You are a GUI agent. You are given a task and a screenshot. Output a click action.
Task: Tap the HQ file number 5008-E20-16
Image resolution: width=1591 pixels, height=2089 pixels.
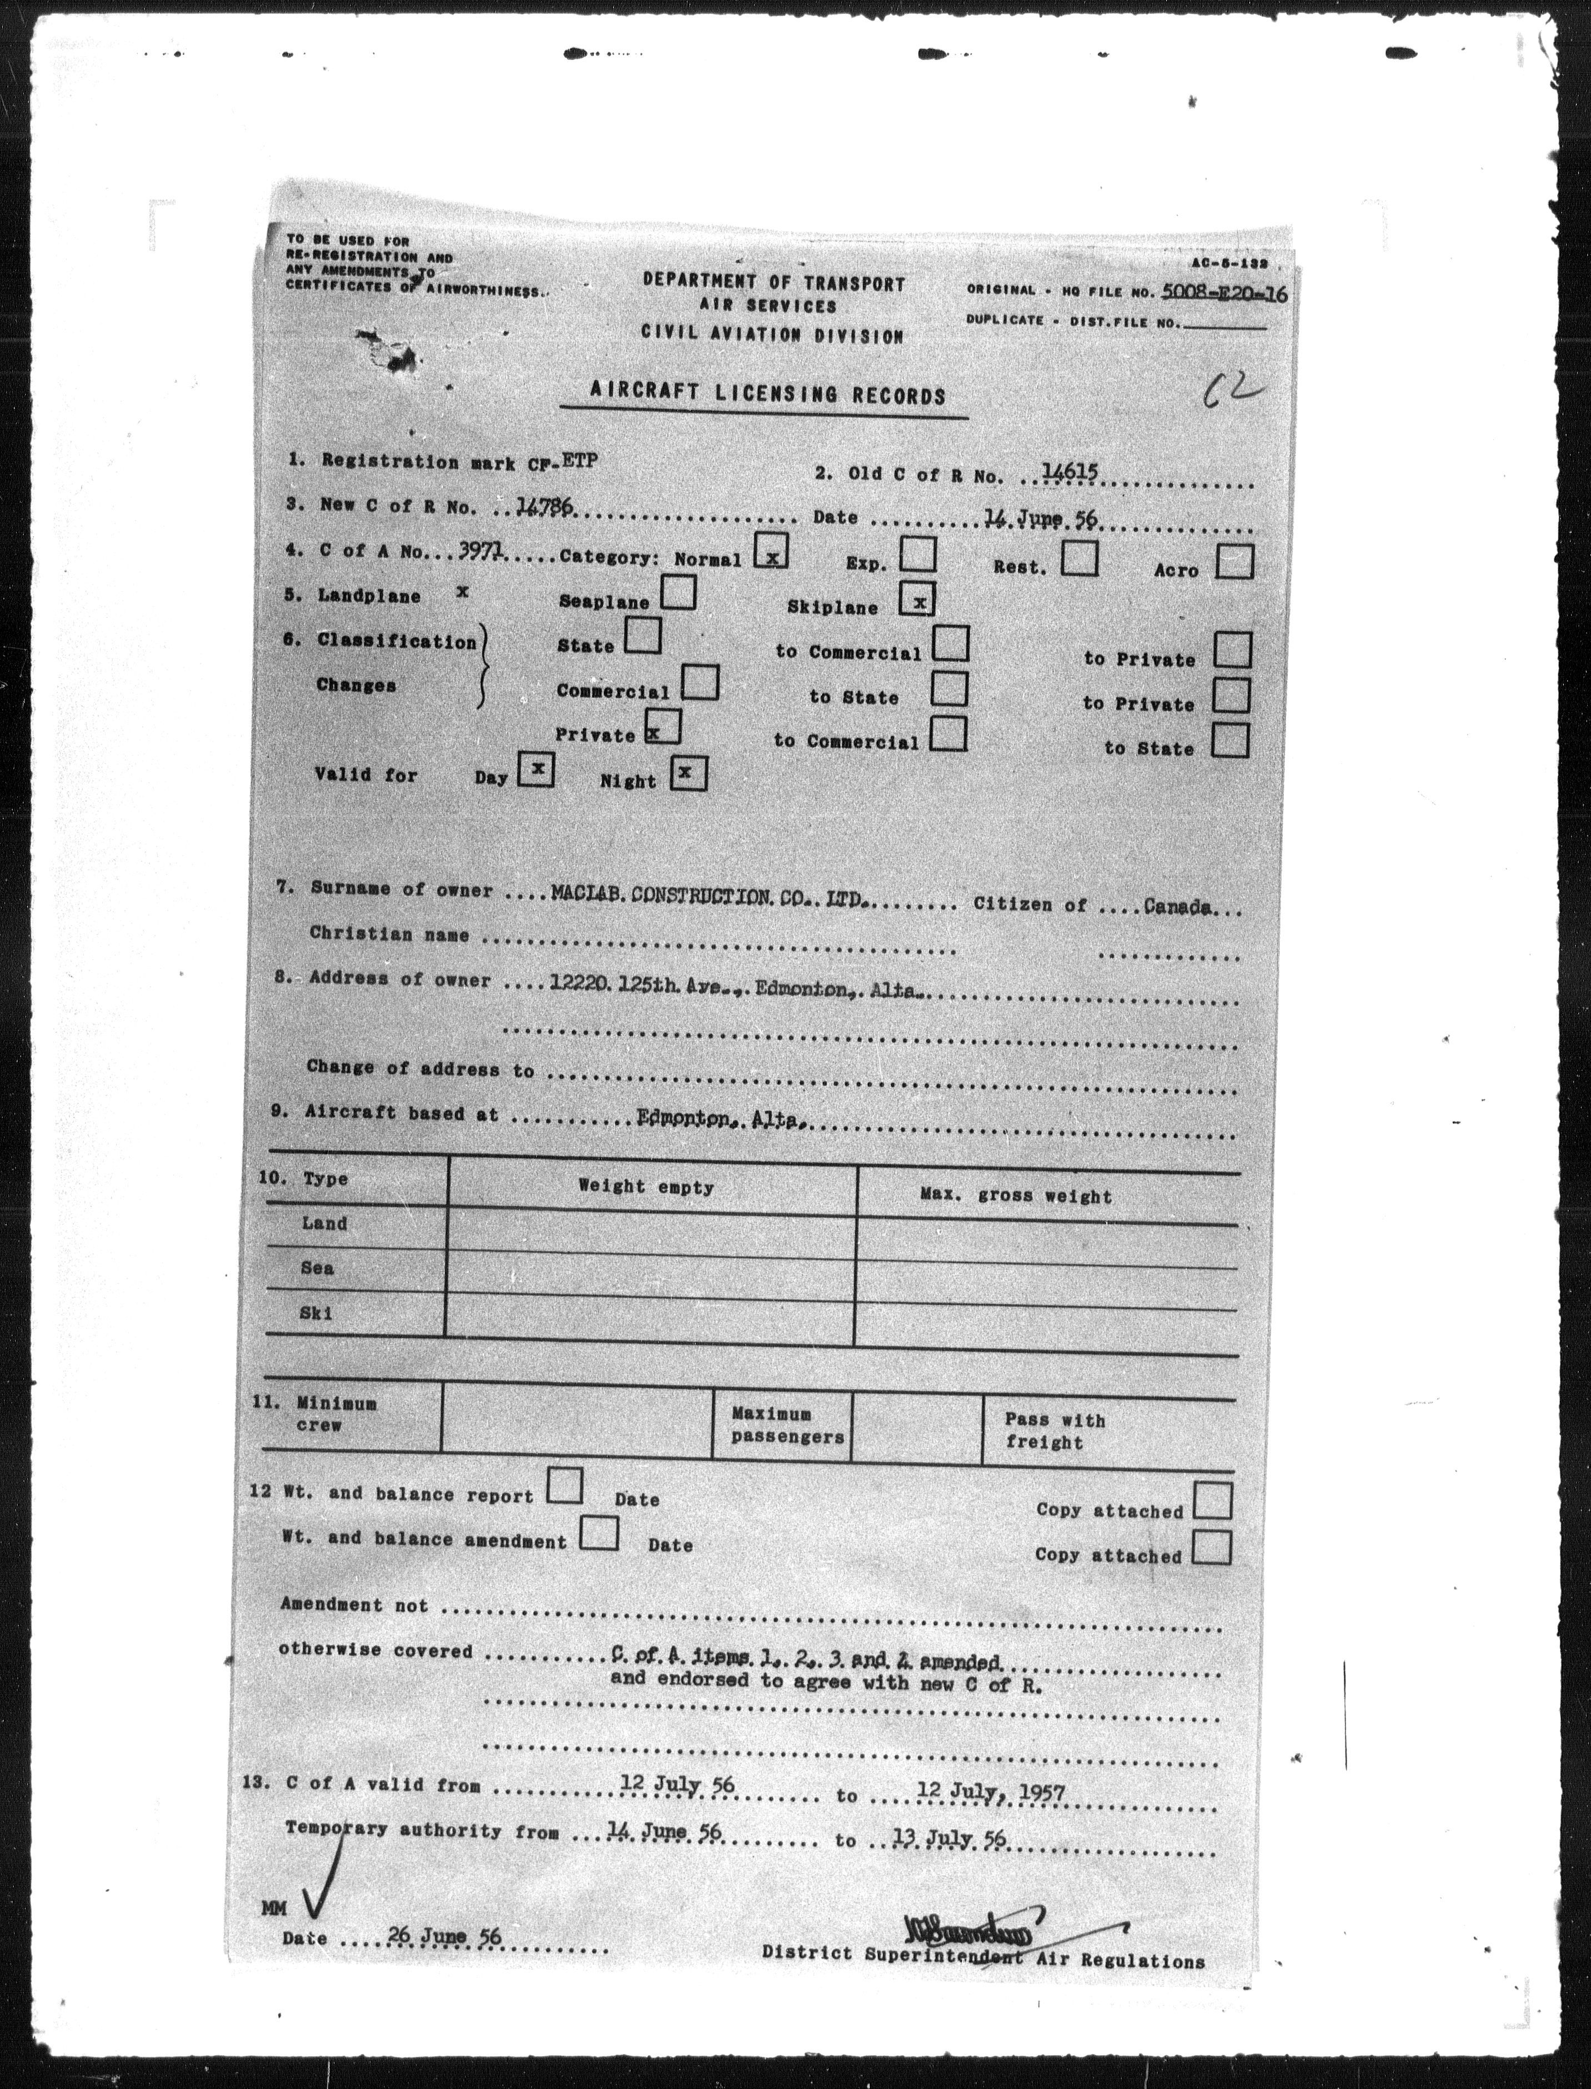(x=1224, y=293)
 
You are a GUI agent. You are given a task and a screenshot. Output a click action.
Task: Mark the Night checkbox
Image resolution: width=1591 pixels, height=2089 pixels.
(x=688, y=774)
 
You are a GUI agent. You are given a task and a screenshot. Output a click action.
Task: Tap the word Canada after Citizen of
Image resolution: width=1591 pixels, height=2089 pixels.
(x=1177, y=906)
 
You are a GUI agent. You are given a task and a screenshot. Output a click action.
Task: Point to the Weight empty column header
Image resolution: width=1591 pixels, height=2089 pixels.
(x=646, y=1187)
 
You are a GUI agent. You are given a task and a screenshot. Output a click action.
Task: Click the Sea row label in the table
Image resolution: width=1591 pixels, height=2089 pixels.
(x=317, y=1268)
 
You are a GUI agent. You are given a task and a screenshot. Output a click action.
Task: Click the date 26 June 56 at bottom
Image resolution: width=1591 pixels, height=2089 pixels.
(x=444, y=1937)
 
